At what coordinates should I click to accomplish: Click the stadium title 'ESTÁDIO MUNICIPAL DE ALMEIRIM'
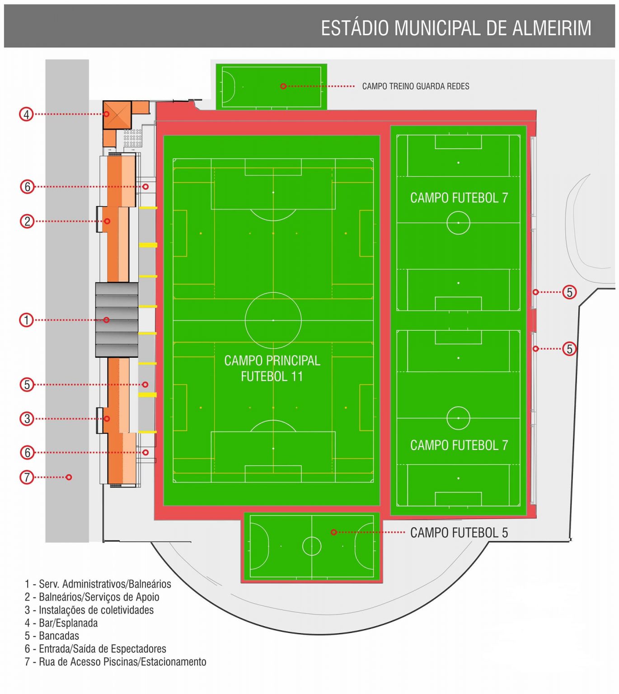tap(455, 28)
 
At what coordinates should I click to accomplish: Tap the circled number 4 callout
tap(26, 114)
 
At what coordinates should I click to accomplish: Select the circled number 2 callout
tap(27, 221)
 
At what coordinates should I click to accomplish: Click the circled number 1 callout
tap(26, 320)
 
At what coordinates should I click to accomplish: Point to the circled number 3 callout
tap(27, 419)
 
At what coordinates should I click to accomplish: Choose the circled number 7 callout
tap(27, 477)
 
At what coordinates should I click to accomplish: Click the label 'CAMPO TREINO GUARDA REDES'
tap(416, 86)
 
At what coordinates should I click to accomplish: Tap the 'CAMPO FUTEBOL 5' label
tap(459, 533)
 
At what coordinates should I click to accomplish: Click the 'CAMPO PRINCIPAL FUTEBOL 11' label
tap(272, 368)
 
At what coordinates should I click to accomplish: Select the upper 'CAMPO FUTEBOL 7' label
tap(459, 198)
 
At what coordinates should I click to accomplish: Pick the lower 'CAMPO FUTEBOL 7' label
tap(459, 445)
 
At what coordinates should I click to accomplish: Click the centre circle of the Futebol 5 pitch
tap(312, 546)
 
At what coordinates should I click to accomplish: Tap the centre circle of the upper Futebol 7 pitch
tap(458, 223)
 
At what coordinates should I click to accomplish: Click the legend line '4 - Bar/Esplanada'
tap(61, 623)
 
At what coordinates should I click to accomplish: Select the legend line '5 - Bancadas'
tap(52, 636)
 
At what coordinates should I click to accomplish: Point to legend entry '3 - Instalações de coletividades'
tap(89, 610)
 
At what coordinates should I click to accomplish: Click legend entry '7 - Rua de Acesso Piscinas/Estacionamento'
tap(115, 662)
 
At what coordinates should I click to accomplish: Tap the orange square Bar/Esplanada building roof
tap(117, 114)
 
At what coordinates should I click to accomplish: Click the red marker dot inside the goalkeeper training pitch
tap(283, 86)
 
